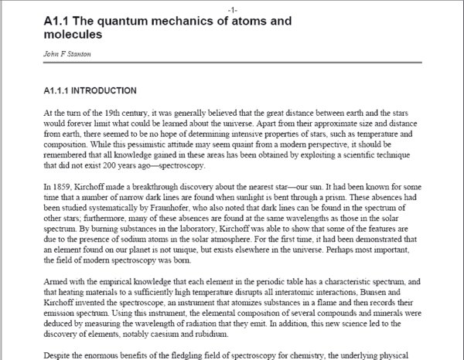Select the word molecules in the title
(x=73, y=35)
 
